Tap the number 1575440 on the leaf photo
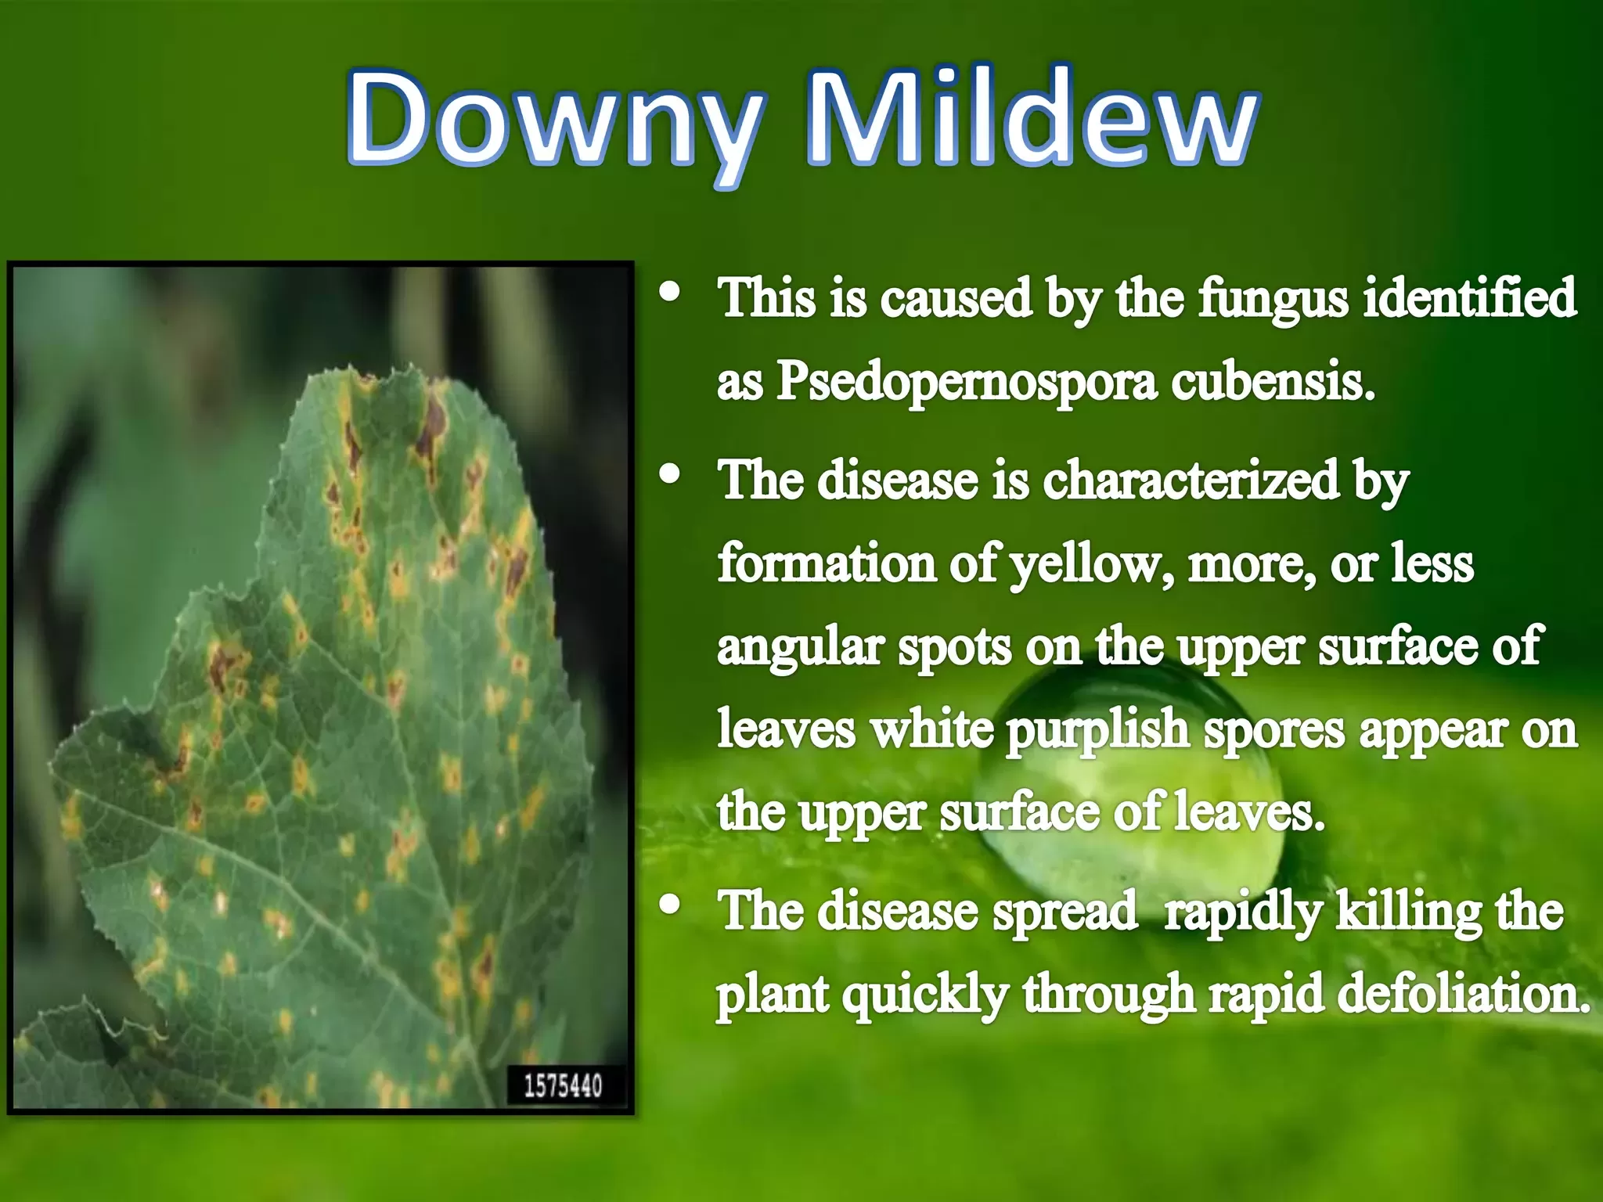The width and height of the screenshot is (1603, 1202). (563, 1085)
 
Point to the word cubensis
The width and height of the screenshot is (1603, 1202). (1273, 381)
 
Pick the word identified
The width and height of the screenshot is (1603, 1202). (1469, 297)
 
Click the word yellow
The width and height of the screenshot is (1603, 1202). (1091, 565)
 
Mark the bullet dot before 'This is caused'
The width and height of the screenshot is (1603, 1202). (670, 293)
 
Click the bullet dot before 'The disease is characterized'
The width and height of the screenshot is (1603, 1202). (670, 474)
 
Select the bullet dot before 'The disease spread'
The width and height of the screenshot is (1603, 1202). (670, 905)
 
